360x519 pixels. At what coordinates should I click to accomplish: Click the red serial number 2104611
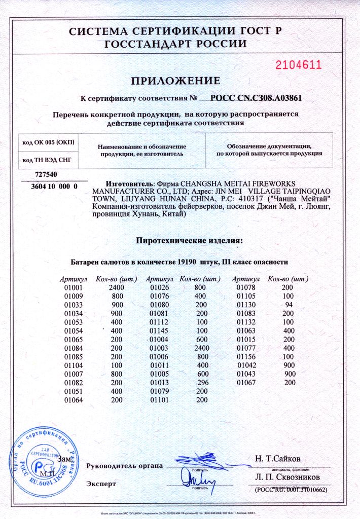point(299,64)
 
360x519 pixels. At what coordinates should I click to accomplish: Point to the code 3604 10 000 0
point(51,187)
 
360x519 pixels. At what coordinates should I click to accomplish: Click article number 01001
point(74,288)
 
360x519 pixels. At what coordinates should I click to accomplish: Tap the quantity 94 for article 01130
point(290,305)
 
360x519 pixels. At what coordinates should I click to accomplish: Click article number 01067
point(247,382)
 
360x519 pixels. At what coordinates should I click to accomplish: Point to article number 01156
point(247,356)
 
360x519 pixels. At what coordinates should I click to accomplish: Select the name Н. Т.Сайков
point(279,460)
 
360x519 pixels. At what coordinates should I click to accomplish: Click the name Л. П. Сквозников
point(287,477)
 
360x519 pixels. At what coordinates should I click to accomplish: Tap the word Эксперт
point(101,483)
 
